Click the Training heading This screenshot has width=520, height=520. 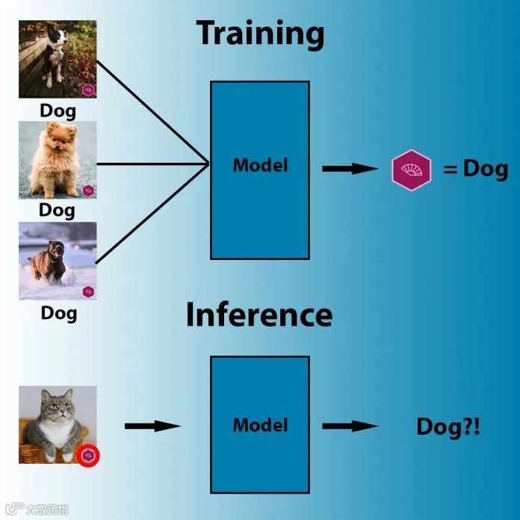pos(260,34)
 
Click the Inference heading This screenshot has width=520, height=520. pos(259,315)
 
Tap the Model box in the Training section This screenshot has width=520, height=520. pos(259,170)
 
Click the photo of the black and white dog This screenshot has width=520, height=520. pos(58,59)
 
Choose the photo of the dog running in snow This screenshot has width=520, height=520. pos(58,261)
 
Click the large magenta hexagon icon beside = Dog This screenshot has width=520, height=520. pos(412,170)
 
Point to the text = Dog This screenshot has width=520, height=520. pos(475,169)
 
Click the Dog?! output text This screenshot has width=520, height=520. pos(448,427)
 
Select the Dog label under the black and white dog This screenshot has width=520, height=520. pos(58,111)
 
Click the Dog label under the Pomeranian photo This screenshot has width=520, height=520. pos(58,210)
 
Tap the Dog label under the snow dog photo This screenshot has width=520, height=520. pos(58,312)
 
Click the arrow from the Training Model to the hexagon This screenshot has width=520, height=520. pos(350,169)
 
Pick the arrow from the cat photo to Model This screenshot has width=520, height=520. pos(152,426)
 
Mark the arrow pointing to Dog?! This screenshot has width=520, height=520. pos(350,426)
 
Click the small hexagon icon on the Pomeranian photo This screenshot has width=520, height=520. pos(88,191)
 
